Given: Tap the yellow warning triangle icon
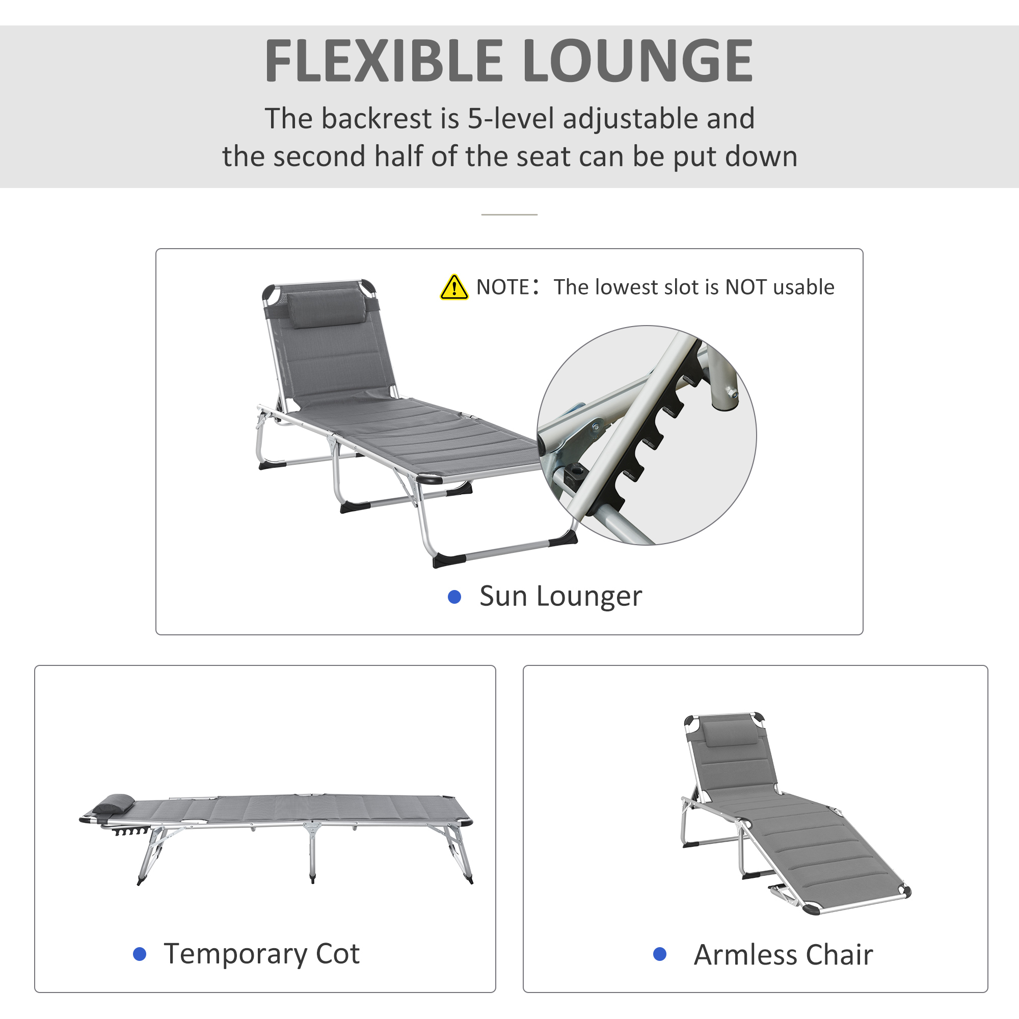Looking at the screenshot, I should (453, 288).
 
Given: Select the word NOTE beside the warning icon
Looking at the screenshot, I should (502, 287).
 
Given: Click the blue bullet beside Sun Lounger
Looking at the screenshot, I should (454, 597).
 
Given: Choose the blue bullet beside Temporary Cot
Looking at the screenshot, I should (139, 954).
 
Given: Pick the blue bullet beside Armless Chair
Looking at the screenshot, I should (659, 954).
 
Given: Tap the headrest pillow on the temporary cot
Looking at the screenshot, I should (114, 805).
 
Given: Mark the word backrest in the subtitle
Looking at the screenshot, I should (377, 118).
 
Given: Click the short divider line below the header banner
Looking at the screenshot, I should (509, 214).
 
